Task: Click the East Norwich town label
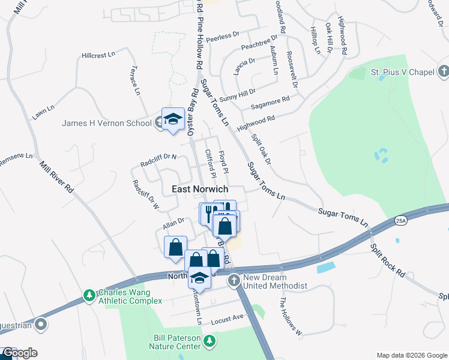click(x=200, y=189)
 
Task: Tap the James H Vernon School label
click(x=107, y=124)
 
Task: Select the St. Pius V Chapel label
click(x=402, y=72)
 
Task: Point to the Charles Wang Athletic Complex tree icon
click(x=89, y=295)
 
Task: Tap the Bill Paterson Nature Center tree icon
click(x=209, y=341)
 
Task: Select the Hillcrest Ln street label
click(x=98, y=55)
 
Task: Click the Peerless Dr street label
click(x=223, y=37)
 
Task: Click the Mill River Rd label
click(x=56, y=176)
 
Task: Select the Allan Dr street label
click(x=172, y=225)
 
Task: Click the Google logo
click(x=19, y=353)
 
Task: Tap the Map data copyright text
click(x=412, y=355)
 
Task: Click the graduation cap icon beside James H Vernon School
click(x=173, y=119)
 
